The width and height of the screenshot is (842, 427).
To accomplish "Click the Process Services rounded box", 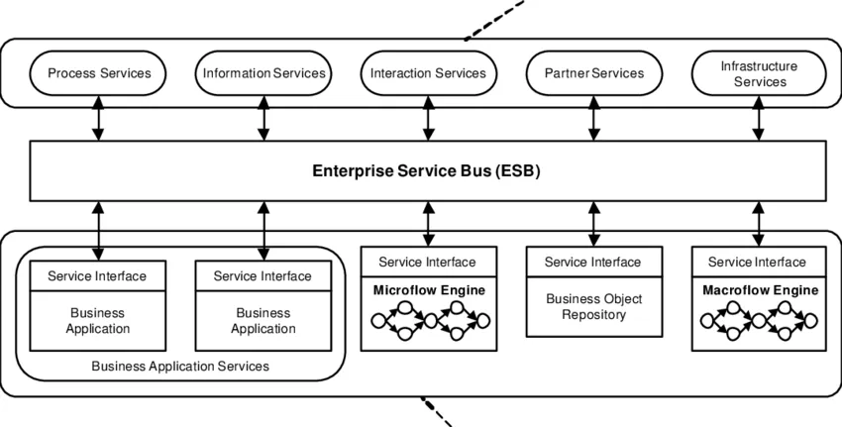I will point(99,73).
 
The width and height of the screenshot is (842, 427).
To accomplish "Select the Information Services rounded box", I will point(263,73).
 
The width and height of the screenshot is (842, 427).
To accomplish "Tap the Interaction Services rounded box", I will point(428,73).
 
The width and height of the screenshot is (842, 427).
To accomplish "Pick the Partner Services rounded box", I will point(593,73).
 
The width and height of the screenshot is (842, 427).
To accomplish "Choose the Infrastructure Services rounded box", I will point(759,73).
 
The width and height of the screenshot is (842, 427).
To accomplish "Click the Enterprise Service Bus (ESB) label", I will point(426,170).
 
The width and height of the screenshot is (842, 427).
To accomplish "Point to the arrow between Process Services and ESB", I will point(99,118).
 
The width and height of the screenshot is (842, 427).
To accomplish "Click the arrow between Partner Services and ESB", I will point(593,118).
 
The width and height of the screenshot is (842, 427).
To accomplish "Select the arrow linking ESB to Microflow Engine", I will point(428,223).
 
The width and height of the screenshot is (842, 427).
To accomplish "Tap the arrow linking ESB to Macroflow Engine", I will point(759,223).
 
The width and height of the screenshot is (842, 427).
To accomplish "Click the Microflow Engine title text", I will point(427,290).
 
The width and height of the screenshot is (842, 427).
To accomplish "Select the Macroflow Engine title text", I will point(760,290).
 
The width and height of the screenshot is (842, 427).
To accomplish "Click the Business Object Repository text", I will point(593,307).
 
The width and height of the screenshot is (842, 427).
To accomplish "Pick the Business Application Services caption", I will point(180,367).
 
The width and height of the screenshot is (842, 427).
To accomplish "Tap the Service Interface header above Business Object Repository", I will point(593,262).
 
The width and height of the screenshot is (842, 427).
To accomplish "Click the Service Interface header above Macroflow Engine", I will point(759,262).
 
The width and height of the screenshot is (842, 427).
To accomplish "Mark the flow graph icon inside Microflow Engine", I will point(427,320).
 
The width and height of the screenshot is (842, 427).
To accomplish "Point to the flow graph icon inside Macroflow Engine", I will point(759,320).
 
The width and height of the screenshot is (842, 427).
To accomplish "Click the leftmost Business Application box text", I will point(97,320).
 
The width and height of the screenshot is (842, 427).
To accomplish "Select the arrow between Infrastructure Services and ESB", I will point(759,118).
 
